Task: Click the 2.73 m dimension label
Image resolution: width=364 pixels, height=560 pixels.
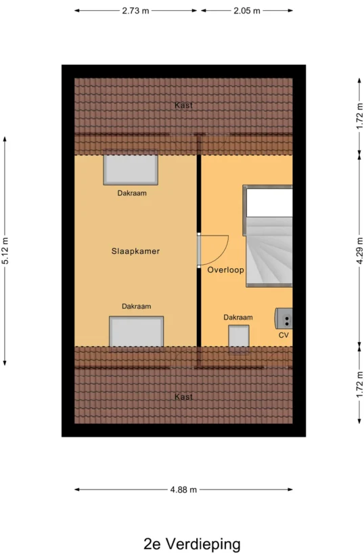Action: pyautogui.click(x=135, y=11)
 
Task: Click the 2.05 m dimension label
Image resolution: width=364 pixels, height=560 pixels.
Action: pyautogui.click(x=247, y=11)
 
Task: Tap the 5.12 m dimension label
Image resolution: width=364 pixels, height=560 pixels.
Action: pyautogui.click(x=5, y=251)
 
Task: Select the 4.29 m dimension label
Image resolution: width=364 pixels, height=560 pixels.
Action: pyautogui.click(x=359, y=251)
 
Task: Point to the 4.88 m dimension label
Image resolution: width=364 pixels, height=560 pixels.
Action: pyautogui.click(x=183, y=490)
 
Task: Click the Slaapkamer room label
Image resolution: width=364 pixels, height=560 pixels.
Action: pyautogui.click(x=135, y=251)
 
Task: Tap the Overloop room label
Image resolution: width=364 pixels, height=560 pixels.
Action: pyautogui.click(x=225, y=270)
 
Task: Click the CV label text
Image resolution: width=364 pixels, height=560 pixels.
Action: pyautogui.click(x=283, y=335)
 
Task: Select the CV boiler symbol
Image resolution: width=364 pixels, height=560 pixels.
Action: pyautogui.click(x=283, y=318)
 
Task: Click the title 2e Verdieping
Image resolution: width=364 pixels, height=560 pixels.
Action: pyautogui.click(x=192, y=544)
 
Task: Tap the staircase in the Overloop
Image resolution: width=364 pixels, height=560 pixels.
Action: pyautogui.click(x=269, y=252)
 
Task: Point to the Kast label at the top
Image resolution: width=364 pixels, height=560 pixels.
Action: pyautogui.click(x=183, y=106)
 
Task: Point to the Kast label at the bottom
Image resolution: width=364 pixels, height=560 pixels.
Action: pyautogui.click(x=183, y=397)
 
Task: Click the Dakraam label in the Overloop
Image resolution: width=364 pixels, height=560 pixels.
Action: pyautogui.click(x=238, y=317)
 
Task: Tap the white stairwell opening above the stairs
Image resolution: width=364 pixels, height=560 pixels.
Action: pyautogui.click(x=269, y=202)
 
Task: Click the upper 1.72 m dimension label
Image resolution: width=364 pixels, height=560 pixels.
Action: pyautogui.click(x=359, y=116)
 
